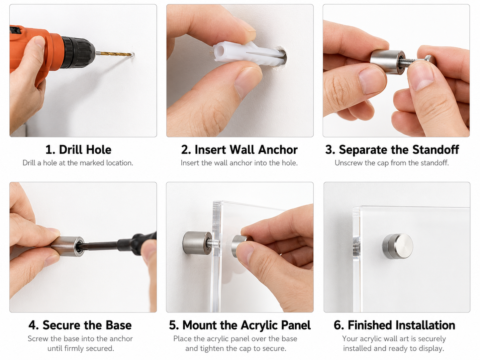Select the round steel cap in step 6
[398, 246]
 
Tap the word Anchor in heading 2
[278, 150]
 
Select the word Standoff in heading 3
[435, 150]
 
